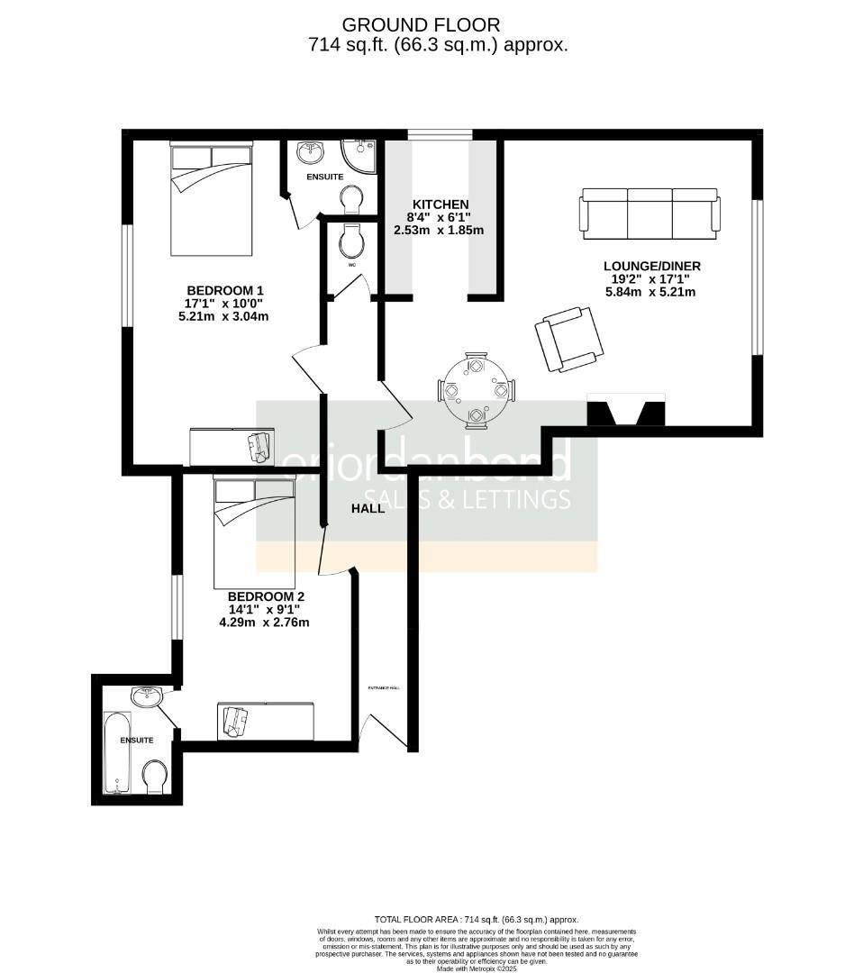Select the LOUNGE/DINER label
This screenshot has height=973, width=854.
651,266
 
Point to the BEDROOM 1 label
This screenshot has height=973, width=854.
224,290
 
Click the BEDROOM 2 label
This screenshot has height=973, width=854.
266,596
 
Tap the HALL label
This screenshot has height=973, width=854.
368,508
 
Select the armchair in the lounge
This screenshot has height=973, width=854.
568,338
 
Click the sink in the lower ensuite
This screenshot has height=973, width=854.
147,696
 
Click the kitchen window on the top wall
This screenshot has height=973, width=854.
440,135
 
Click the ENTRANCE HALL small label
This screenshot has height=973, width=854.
383,687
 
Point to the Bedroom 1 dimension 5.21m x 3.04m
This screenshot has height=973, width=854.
224,316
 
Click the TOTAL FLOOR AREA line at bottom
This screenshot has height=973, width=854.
477,920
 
